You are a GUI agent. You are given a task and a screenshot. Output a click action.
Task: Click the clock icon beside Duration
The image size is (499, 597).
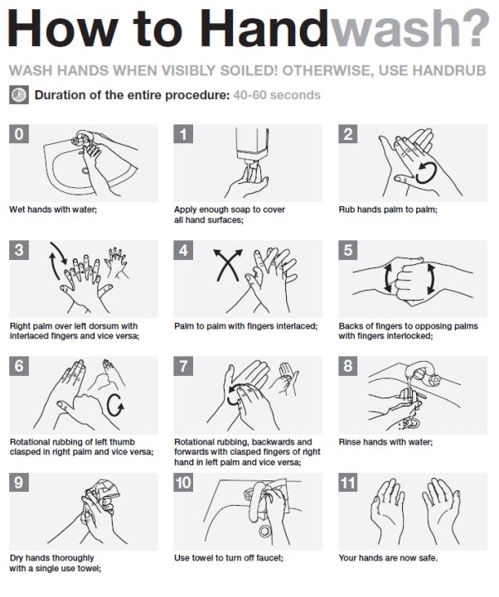(19, 95)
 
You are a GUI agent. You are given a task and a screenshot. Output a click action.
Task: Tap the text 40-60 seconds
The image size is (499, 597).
(277, 95)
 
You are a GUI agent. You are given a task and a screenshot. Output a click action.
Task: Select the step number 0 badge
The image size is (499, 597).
(19, 134)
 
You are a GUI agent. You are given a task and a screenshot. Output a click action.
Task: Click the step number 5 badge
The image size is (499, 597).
(347, 250)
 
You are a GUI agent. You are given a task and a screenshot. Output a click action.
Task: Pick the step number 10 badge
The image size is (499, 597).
(183, 483)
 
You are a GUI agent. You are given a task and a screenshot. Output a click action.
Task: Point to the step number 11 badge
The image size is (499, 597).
(347, 483)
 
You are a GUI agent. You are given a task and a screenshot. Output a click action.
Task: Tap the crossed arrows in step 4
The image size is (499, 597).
(228, 265)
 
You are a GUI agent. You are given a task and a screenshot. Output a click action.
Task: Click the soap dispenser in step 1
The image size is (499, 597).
(252, 145)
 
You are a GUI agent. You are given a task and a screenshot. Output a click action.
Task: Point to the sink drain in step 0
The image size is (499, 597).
(85, 170)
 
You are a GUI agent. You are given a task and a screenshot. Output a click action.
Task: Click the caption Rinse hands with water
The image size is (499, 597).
(385, 442)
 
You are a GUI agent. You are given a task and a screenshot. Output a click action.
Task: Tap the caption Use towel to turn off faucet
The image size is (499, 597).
(229, 558)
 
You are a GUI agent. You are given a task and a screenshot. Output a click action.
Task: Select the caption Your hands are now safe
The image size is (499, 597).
(388, 558)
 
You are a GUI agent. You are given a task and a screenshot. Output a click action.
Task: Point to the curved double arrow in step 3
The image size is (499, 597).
(57, 261)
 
